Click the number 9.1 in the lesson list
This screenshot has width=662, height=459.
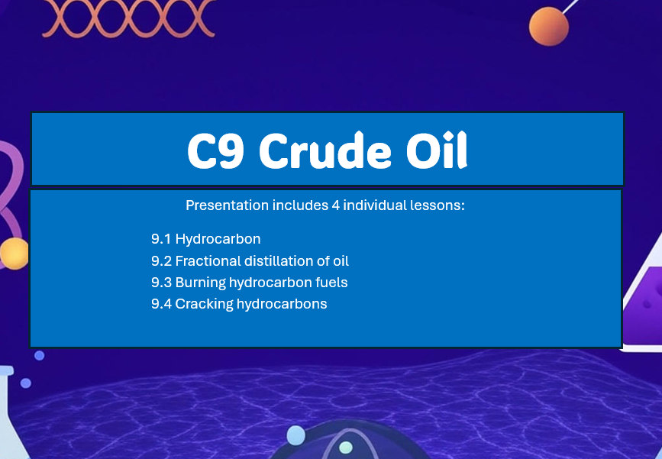click(x=161, y=239)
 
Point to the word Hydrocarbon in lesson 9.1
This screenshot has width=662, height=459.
click(x=218, y=239)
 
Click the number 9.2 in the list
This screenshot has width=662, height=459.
click(x=162, y=260)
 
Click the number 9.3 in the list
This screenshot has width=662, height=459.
click(x=162, y=282)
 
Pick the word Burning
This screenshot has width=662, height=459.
click(x=199, y=283)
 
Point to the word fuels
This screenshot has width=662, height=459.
click(x=331, y=282)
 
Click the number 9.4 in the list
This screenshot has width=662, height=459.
click(x=162, y=303)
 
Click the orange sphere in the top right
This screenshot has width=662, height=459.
click(x=549, y=26)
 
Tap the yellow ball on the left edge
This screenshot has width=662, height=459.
click(x=13, y=253)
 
